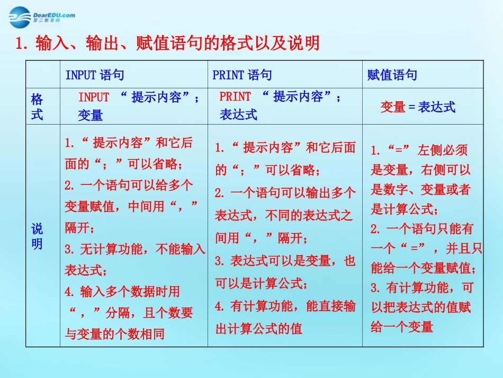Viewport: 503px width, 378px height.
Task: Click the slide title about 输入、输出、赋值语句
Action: point(168,42)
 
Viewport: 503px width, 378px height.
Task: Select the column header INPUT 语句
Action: point(95,75)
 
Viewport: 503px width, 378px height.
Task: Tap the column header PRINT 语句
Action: point(242,75)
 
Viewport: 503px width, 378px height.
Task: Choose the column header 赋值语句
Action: point(392,75)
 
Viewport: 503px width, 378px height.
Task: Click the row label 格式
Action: point(37,107)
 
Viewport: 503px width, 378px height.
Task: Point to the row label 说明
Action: point(37,236)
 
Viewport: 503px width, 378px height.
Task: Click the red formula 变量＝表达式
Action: point(418,107)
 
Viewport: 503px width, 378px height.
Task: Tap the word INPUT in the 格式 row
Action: point(94,98)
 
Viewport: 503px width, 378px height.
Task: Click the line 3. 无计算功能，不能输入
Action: point(135,249)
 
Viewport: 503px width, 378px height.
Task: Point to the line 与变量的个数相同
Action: point(114,334)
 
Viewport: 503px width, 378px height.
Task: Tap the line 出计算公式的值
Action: point(259,329)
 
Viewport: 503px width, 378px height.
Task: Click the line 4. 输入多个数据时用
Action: point(122,292)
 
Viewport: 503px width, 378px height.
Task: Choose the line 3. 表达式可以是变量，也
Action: point(285,261)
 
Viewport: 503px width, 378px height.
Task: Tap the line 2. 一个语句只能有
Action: point(422,229)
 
